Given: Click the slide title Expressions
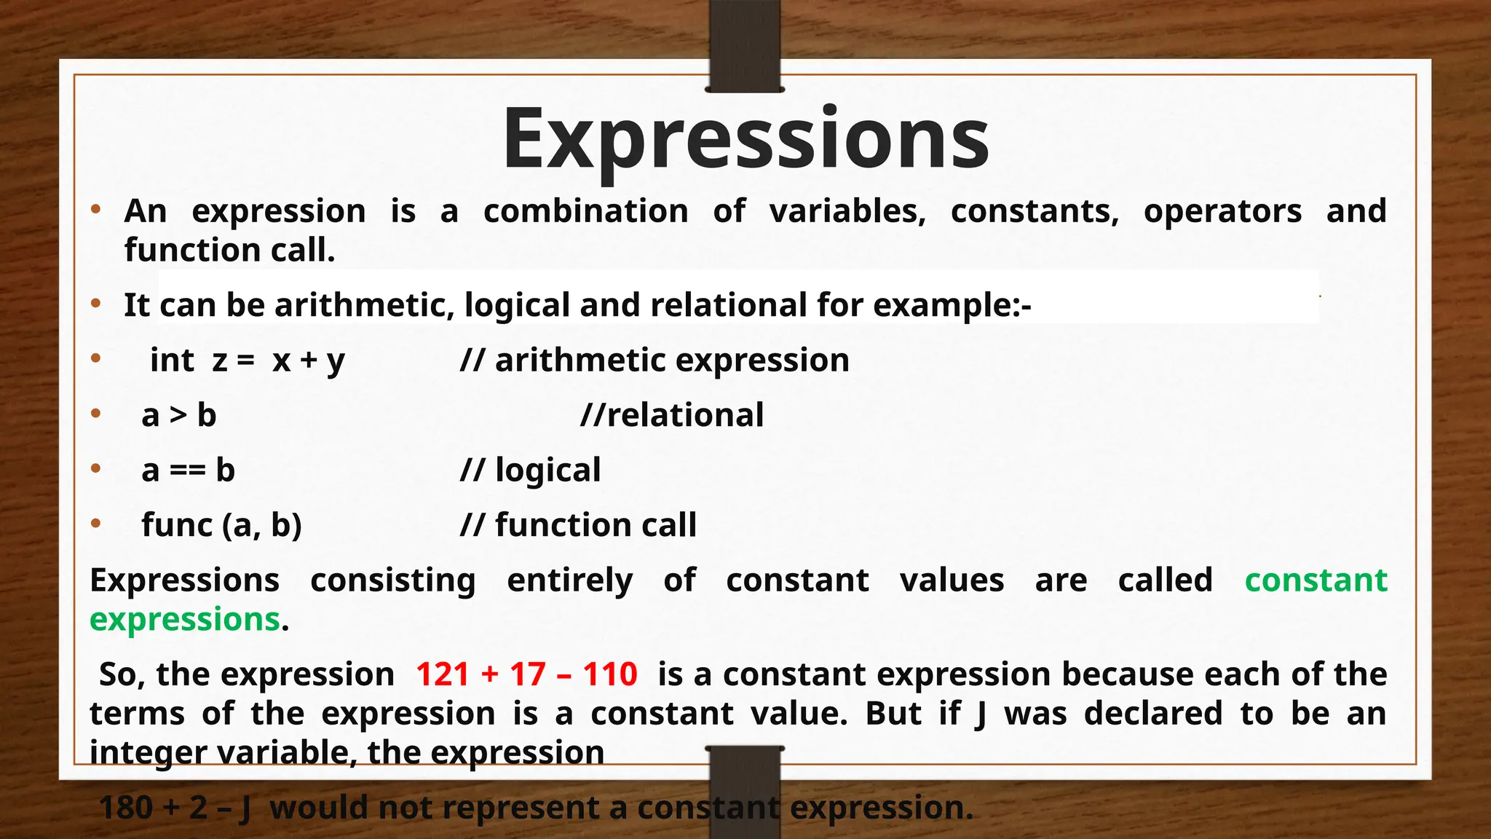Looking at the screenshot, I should point(745,138).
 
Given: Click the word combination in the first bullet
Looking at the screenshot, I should point(585,211).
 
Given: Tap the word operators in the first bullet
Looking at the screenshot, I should point(1222,211).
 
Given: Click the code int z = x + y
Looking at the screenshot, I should point(247,361).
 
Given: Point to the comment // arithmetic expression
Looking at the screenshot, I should point(654,361).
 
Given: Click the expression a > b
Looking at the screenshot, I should point(178,415).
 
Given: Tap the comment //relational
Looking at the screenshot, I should point(672,415).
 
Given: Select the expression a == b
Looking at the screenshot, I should point(188,470).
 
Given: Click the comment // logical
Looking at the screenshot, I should point(530,470).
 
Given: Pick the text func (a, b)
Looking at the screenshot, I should point(221,525).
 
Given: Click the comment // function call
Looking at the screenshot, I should point(578,525).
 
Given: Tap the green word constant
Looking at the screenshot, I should point(1316,580).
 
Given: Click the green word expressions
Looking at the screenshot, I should point(185,620).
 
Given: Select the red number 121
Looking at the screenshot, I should point(443,674).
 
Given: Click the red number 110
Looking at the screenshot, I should point(610,674).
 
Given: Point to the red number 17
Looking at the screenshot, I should point(527,674).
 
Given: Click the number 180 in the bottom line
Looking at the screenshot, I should point(125,808).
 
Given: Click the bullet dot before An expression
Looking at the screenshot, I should point(95,210).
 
